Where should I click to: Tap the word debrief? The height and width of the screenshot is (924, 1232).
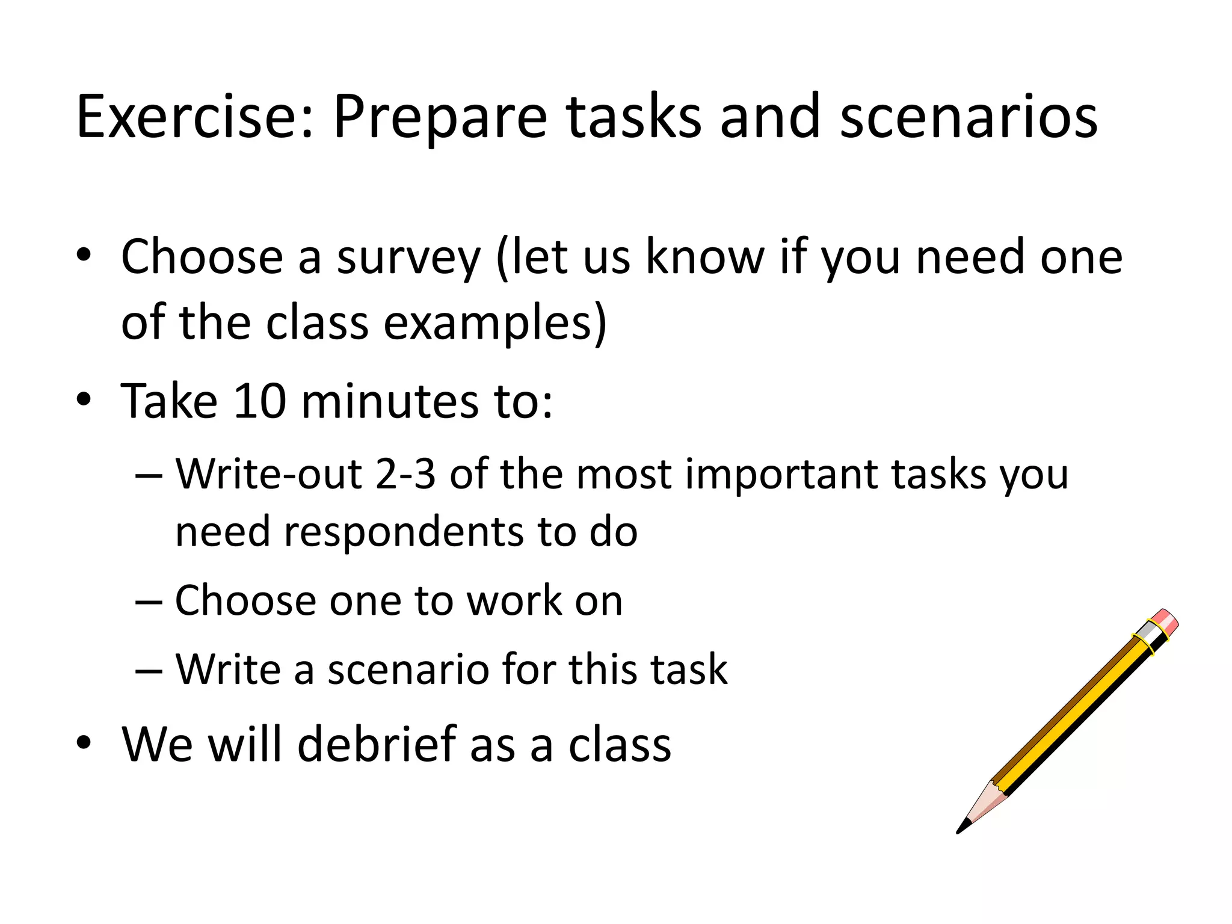[x=377, y=745]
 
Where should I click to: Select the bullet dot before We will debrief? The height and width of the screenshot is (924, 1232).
[x=84, y=742]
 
